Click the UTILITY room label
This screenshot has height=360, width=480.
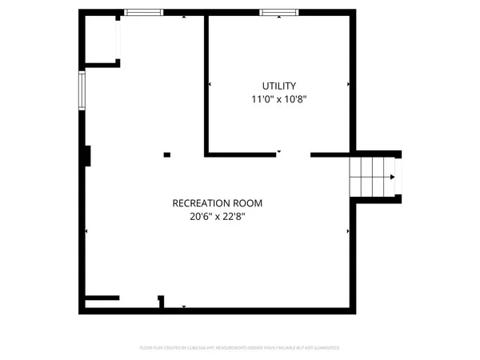click(278, 86)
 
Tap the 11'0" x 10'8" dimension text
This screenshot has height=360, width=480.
click(278, 100)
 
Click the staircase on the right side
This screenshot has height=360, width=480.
click(373, 176)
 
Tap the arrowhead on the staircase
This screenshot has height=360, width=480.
click(392, 176)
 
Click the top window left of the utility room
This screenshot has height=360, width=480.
click(144, 11)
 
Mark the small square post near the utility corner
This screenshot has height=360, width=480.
click(167, 154)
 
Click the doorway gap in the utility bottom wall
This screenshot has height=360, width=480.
click(293, 154)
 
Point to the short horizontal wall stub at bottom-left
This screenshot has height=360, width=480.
click(102, 298)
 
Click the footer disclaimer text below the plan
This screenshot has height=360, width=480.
click(240, 348)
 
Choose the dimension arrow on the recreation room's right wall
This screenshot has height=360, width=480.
click(347, 232)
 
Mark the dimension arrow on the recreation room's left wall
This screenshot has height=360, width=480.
click(86, 232)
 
